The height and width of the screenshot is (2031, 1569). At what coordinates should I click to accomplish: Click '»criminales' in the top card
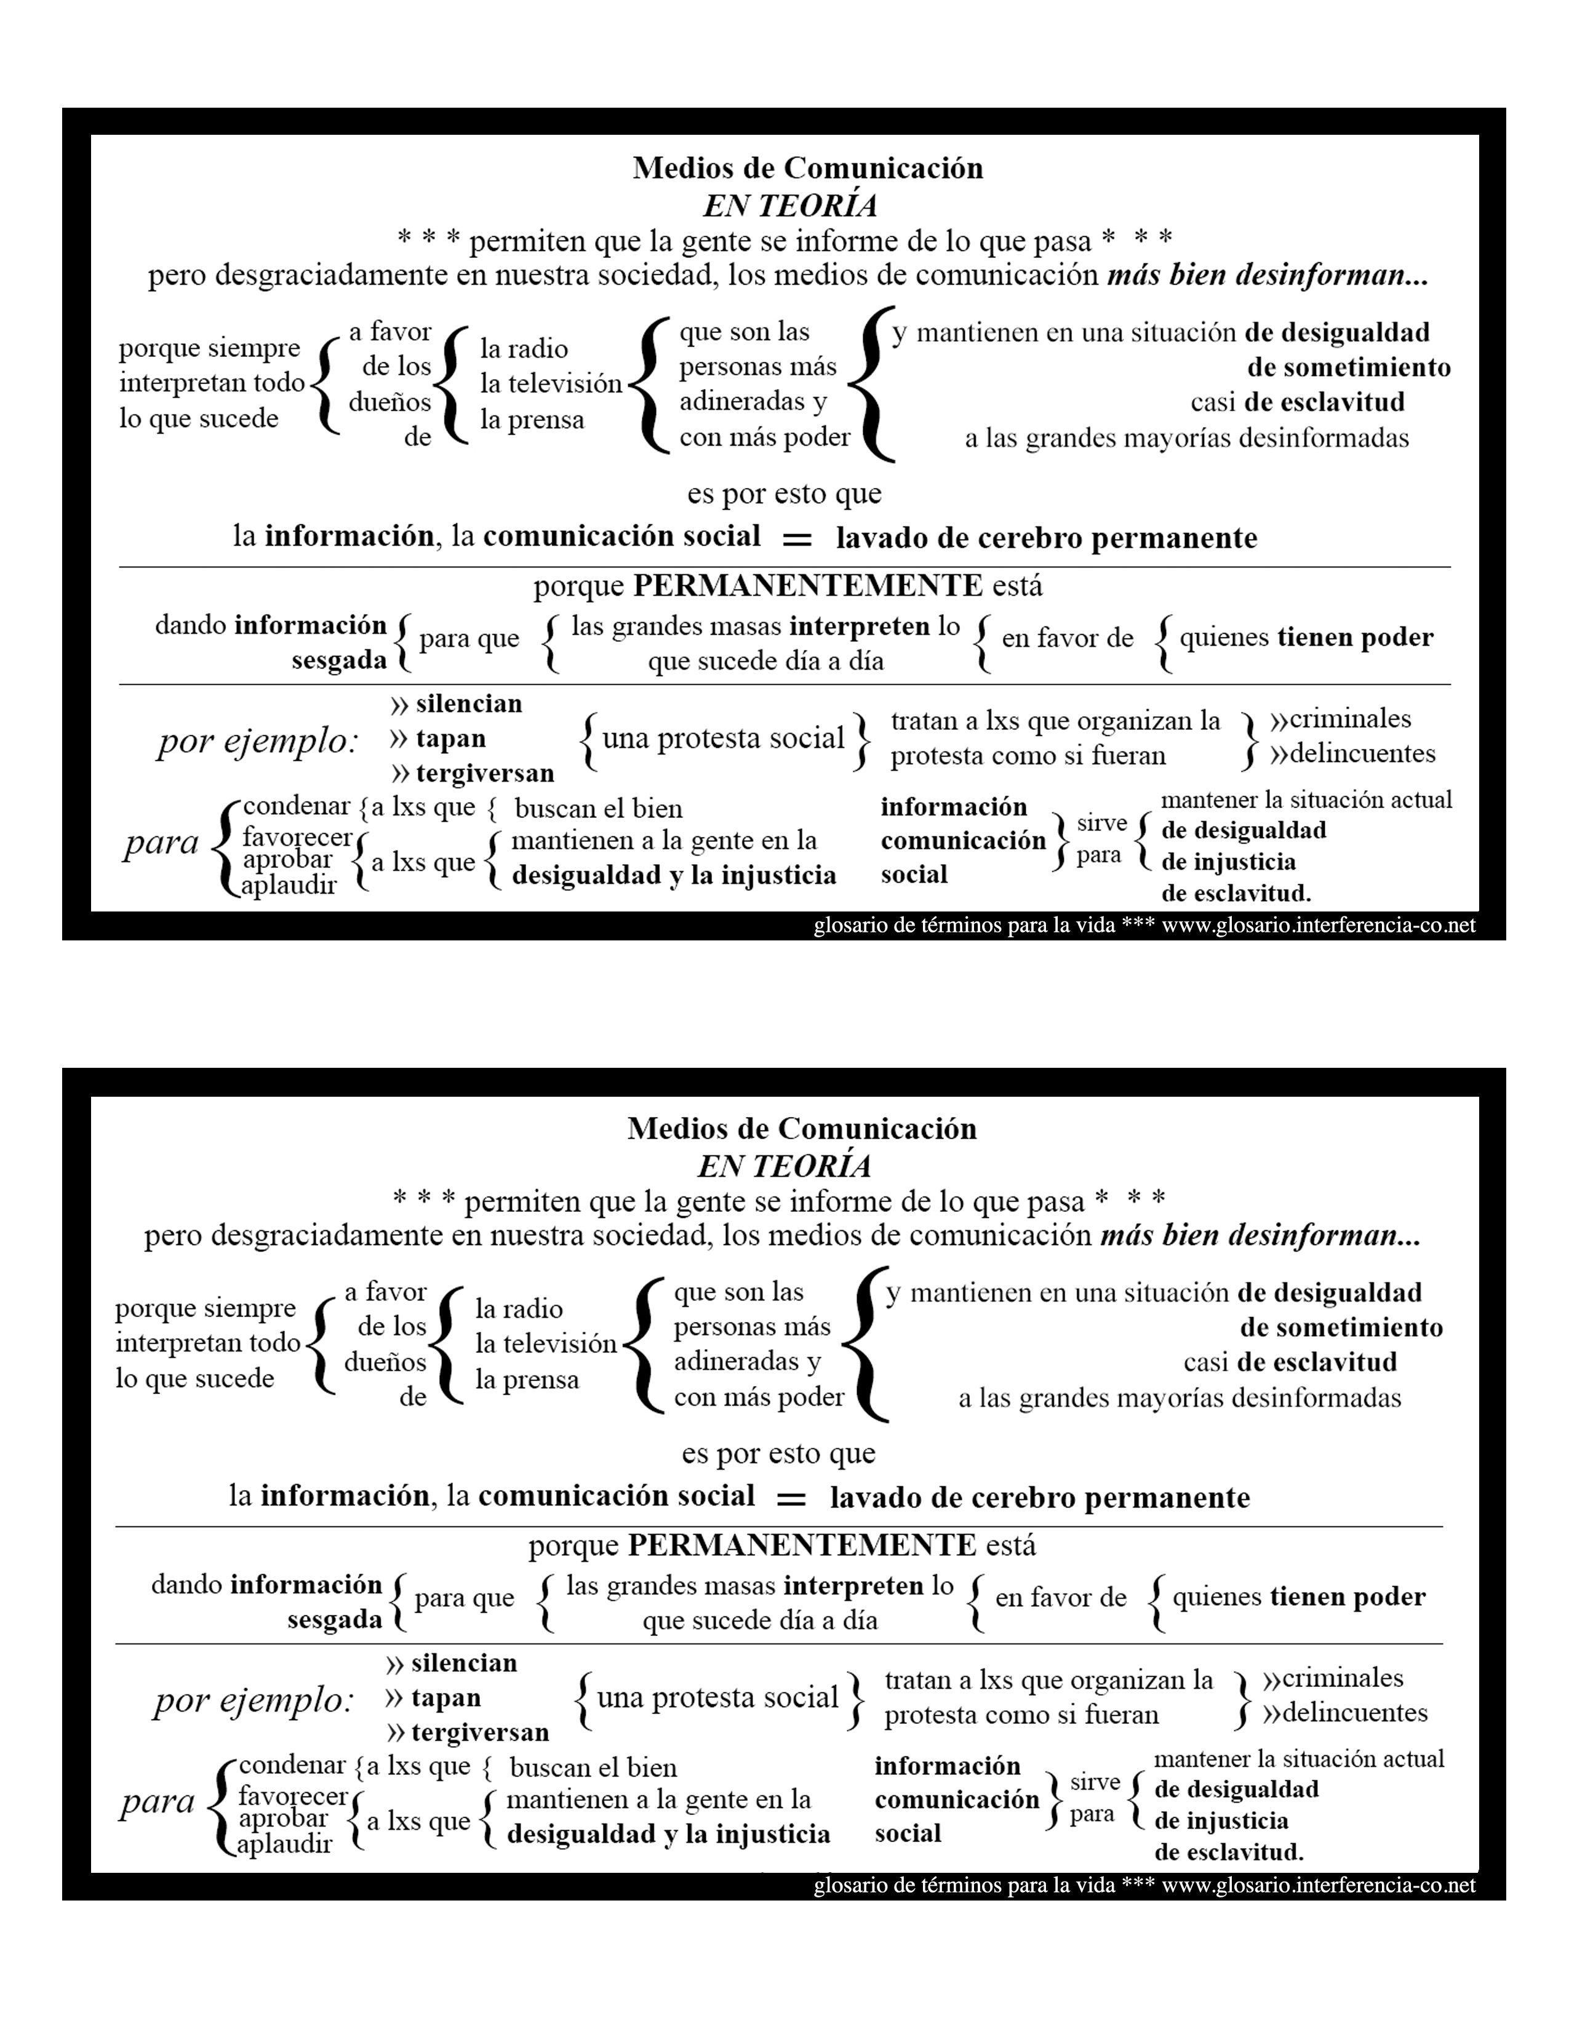tap(1340, 719)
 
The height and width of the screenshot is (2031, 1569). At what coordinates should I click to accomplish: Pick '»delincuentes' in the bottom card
tap(1345, 1713)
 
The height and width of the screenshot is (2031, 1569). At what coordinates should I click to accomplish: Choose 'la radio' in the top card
tap(524, 349)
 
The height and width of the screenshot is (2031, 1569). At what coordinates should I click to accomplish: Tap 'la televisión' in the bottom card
tap(546, 1344)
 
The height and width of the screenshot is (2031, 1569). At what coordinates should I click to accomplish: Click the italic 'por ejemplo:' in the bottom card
tap(254, 1701)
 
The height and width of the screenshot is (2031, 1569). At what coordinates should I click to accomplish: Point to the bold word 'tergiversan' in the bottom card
tap(480, 1733)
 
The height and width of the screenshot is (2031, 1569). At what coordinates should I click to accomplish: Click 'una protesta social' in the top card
tap(723, 739)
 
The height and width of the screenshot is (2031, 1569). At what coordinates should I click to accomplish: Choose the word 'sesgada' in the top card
tap(338, 660)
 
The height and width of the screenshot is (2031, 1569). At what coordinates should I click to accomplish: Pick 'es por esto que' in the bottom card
tap(778, 1454)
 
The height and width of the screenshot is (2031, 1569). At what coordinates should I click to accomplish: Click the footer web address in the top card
tap(1318, 925)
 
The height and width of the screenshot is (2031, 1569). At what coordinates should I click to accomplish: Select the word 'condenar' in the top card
tap(295, 806)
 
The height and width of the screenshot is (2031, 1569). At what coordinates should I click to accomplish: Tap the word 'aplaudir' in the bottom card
tap(284, 1844)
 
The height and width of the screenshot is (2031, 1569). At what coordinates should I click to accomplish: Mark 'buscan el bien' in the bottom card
tap(593, 1768)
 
